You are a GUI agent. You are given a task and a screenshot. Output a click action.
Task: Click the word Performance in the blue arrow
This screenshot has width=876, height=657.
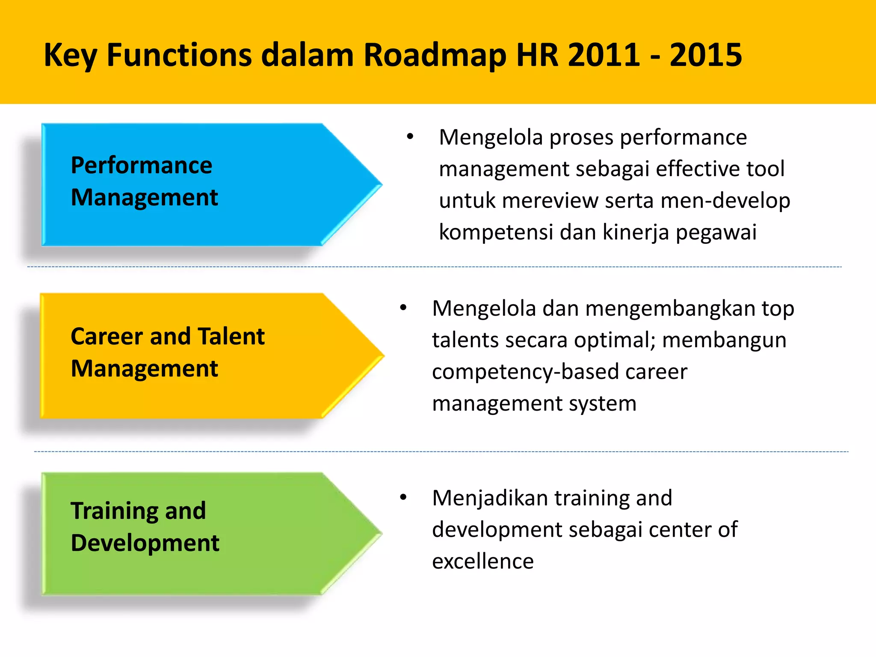tap(141, 165)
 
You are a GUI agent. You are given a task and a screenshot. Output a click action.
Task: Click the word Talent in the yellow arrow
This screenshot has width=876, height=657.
tap(231, 336)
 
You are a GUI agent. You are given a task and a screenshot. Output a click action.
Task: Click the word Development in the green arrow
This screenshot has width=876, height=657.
tap(145, 543)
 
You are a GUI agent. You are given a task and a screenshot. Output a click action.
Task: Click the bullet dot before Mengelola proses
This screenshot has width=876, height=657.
tap(410, 136)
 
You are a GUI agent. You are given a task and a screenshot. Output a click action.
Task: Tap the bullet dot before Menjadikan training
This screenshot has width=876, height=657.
tap(403, 497)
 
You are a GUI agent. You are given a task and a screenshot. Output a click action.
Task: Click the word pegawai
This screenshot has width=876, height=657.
tap(716, 232)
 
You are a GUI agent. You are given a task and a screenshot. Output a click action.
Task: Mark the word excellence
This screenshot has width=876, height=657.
tap(483, 561)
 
